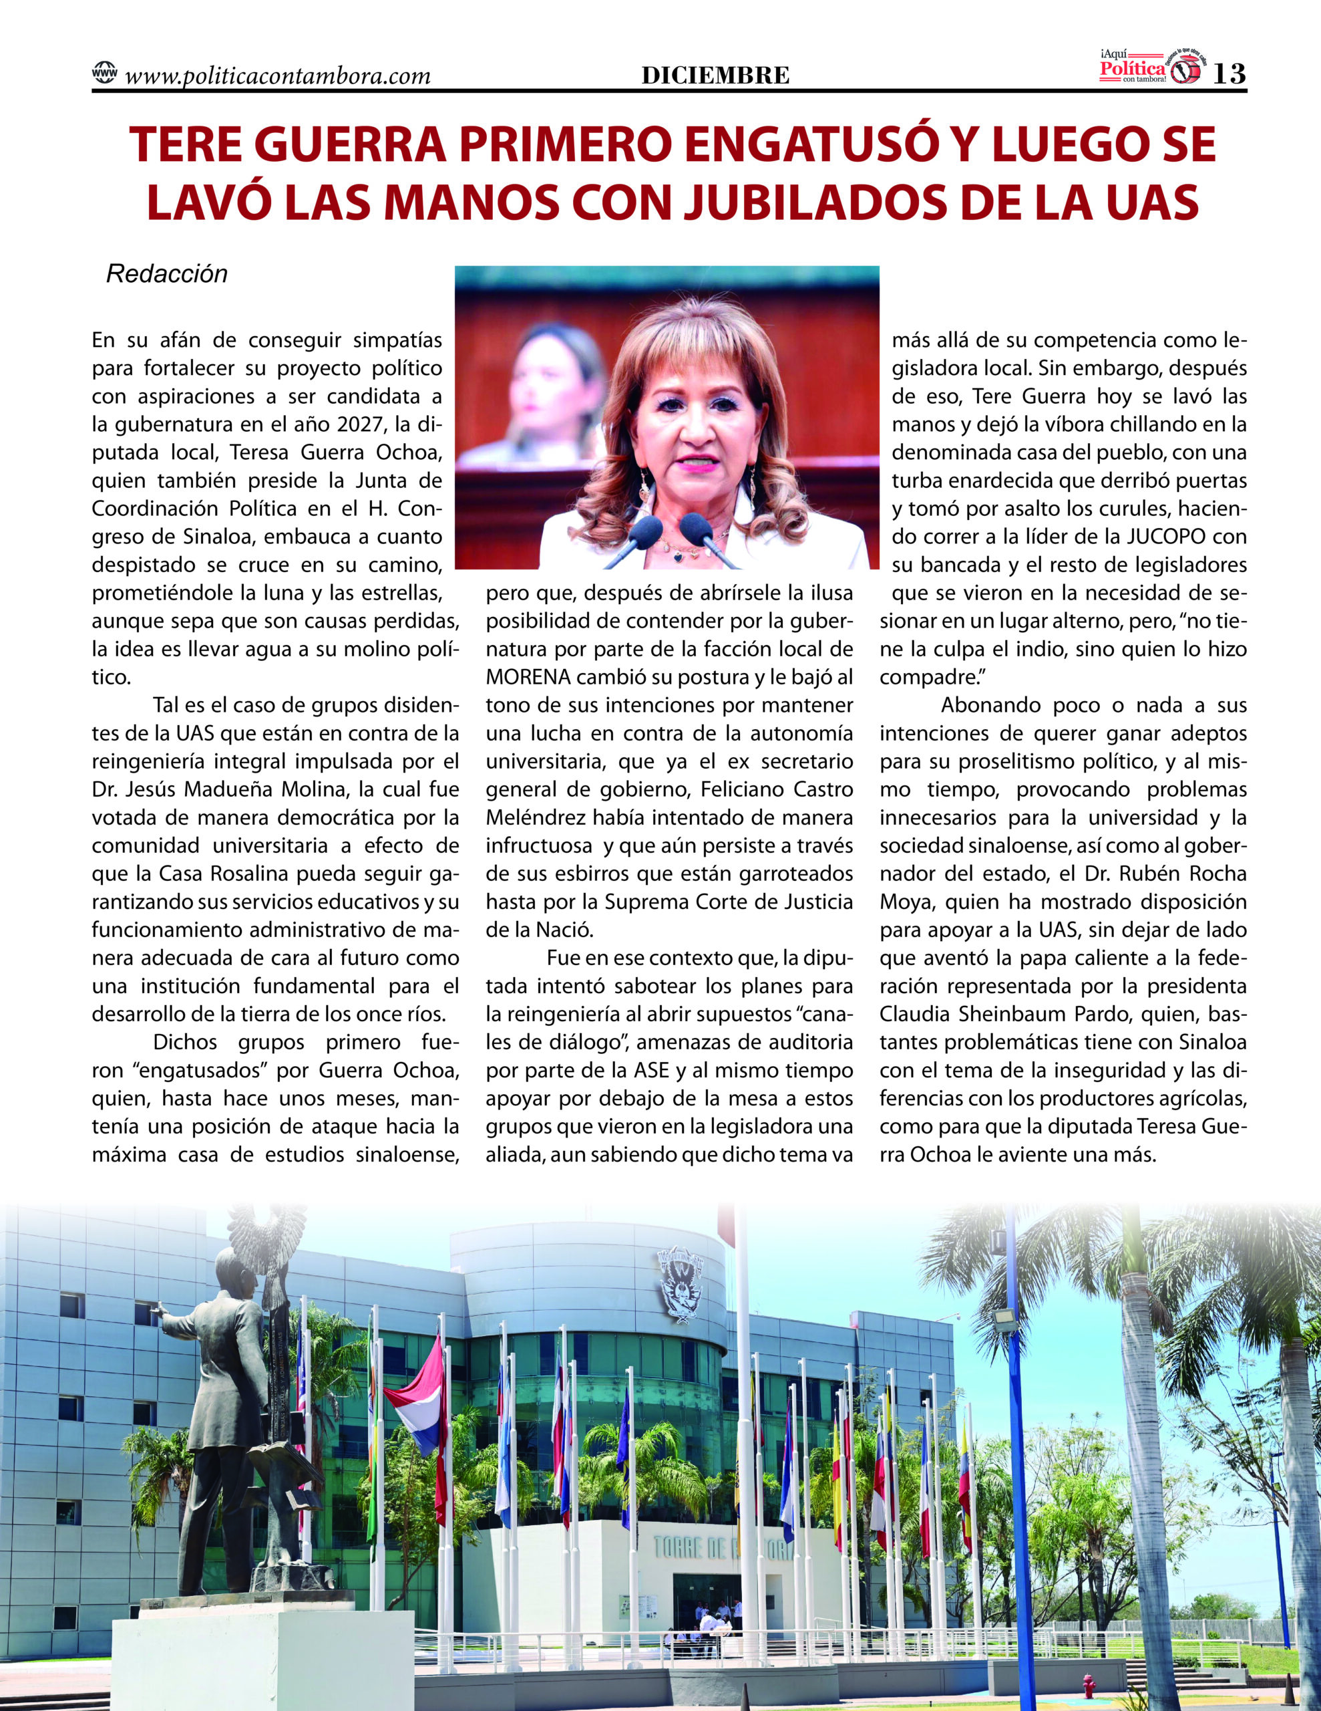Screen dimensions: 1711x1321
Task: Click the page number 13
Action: [1229, 74]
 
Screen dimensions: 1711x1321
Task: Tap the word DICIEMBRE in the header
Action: [715, 76]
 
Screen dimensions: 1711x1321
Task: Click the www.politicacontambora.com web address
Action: [277, 76]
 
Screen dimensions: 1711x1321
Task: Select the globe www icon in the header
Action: [104, 73]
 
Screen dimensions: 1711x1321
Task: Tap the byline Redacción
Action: [167, 274]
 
